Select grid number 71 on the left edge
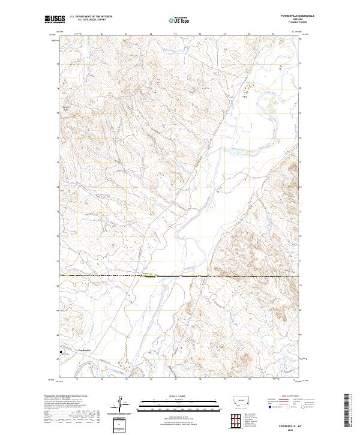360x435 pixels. (x=58, y=261)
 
